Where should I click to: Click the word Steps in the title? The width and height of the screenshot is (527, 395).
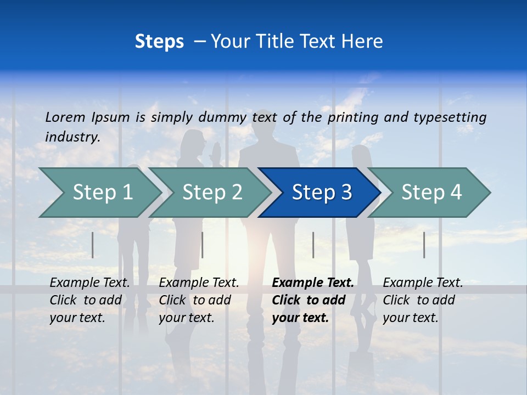(159, 42)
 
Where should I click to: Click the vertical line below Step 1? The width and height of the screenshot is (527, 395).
(93, 245)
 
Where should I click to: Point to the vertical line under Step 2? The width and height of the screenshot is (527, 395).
(203, 245)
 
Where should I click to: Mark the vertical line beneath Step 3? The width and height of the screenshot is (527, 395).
(313, 245)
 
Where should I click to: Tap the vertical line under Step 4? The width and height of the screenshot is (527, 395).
(424, 245)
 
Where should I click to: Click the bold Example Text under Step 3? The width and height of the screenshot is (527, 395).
(312, 300)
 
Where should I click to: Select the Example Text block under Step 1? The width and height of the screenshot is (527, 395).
(89, 300)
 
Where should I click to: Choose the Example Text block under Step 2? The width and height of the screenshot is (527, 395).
(199, 300)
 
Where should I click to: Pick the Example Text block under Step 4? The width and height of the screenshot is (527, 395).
(423, 300)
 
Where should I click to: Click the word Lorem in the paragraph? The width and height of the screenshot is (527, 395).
(65, 117)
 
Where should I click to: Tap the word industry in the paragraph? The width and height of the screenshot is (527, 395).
(72, 137)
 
